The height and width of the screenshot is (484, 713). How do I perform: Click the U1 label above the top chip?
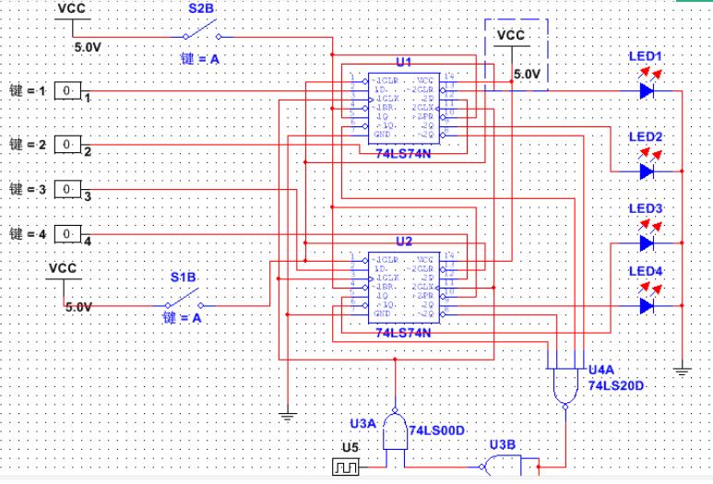[x=403, y=63]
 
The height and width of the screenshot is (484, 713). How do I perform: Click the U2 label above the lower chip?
[x=403, y=241]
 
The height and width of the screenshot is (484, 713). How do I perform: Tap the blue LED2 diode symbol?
[x=647, y=171]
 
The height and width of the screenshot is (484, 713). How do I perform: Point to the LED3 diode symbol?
[x=647, y=243]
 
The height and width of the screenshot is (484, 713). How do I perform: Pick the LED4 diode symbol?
[x=647, y=305]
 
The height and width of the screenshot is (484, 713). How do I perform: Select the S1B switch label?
[x=182, y=277]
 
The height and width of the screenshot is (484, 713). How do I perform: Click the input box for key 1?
[x=66, y=91]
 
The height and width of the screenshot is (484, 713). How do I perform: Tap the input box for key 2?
[x=66, y=145]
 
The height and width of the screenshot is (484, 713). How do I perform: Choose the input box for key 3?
[x=66, y=189]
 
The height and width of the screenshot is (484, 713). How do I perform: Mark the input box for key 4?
[x=66, y=234]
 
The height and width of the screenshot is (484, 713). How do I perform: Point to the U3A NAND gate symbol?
[x=396, y=430]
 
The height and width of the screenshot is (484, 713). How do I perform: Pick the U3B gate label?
[x=503, y=444]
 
